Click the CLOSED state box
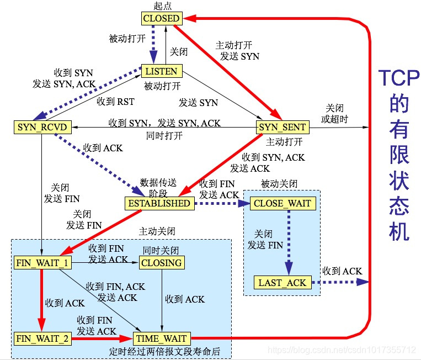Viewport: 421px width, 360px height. (x=161, y=18)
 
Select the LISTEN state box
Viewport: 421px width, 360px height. (x=161, y=71)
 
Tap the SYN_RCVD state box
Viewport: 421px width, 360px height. (x=35, y=128)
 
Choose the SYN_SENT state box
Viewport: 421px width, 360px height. (x=283, y=128)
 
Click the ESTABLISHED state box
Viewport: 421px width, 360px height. (x=159, y=203)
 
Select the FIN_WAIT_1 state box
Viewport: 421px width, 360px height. (x=42, y=263)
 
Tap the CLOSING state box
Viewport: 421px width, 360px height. (x=161, y=263)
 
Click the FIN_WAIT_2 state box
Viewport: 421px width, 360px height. (x=42, y=338)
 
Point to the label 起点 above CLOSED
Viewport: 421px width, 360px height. (x=161, y=6)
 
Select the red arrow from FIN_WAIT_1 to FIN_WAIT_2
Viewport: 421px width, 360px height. (x=40, y=301)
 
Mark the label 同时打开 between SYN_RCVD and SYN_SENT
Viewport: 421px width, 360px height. (x=164, y=136)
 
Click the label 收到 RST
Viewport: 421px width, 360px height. (x=115, y=102)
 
